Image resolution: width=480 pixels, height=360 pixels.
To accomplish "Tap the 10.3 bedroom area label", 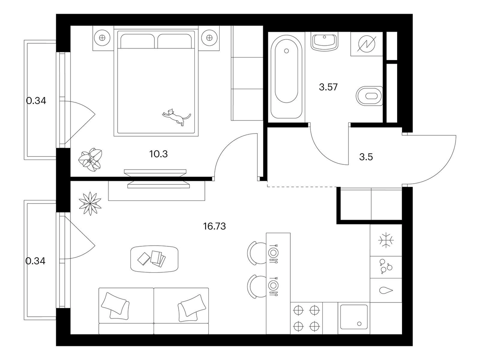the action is pyautogui.click(x=158, y=154).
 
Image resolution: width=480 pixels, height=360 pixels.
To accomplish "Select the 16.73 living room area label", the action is pyautogui.click(x=214, y=226).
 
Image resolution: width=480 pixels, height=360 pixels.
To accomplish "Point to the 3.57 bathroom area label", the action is pyautogui.click(x=328, y=87).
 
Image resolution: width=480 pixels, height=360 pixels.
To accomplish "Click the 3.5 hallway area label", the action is pyautogui.click(x=366, y=157).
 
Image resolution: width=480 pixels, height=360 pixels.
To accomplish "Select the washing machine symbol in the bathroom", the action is pyautogui.click(x=367, y=44).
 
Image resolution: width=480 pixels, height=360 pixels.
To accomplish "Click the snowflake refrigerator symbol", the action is pyautogui.click(x=386, y=240).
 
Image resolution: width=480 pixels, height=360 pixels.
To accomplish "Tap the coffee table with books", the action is pyautogui.click(x=154, y=259).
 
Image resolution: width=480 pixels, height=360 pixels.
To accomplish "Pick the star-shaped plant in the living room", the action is pyautogui.click(x=90, y=204).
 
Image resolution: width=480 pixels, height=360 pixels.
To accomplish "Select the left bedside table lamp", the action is pyautogui.click(x=102, y=38).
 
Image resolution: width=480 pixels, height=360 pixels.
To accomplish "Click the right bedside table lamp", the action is pyautogui.click(x=210, y=38).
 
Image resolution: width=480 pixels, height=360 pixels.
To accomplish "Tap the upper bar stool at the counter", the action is pyautogui.click(x=256, y=253).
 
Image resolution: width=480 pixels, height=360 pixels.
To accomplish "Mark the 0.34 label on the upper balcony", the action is pyautogui.click(x=36, y=101).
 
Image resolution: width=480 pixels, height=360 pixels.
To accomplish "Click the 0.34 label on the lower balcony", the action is pyautogui.click(x=36, y=261).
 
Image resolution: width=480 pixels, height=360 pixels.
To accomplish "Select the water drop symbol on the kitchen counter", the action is pyautogui.click(x=386, y=290).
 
